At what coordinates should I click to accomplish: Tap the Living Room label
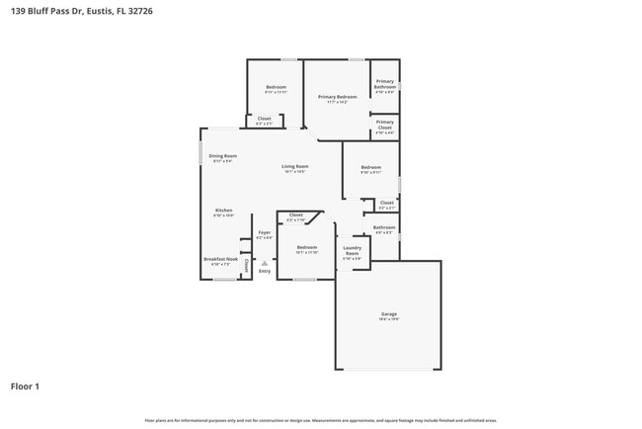point(294,166)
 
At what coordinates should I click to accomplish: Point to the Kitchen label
point(224,211)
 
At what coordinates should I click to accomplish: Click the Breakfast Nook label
point(217,260)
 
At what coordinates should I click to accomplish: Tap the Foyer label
point(264,232)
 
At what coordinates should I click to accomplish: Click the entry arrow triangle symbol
point(264,263)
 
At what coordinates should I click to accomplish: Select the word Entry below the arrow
point(264,271)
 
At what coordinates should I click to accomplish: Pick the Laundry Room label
point(352,252)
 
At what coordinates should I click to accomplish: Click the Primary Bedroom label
point(337,97)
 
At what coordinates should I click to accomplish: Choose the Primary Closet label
point(384,125)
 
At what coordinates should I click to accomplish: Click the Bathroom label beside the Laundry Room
point(384,227)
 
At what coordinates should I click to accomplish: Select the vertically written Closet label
point(246,265)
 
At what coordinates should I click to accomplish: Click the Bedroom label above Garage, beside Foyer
point(307,247)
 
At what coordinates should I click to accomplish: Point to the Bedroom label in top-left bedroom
point(276,88)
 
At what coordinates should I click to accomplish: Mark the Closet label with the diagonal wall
point(295,214)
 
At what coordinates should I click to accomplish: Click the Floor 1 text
point(25,386)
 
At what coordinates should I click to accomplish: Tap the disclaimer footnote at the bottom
point(321,420)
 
